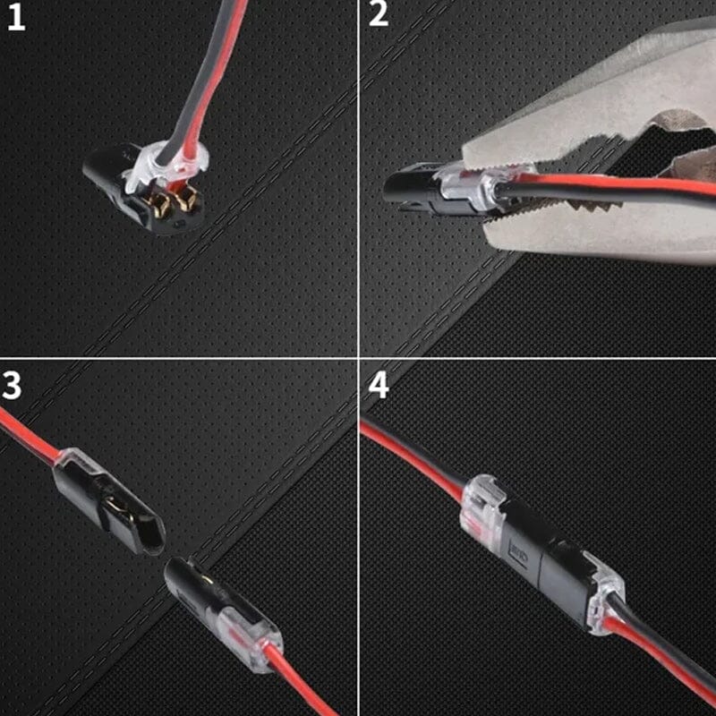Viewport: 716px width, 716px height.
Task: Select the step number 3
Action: pos(13,385)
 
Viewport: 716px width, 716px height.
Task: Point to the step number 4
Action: pos(379,386)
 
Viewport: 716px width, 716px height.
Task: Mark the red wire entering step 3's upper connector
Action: pos(27,434)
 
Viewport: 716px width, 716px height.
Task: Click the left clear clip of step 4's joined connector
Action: pos(483,510)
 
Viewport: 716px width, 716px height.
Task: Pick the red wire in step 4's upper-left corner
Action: pos(403,447)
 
